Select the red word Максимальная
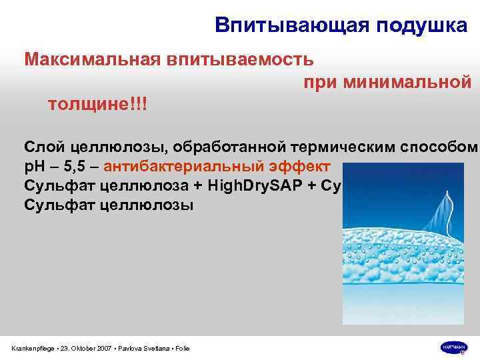point(89,59)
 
